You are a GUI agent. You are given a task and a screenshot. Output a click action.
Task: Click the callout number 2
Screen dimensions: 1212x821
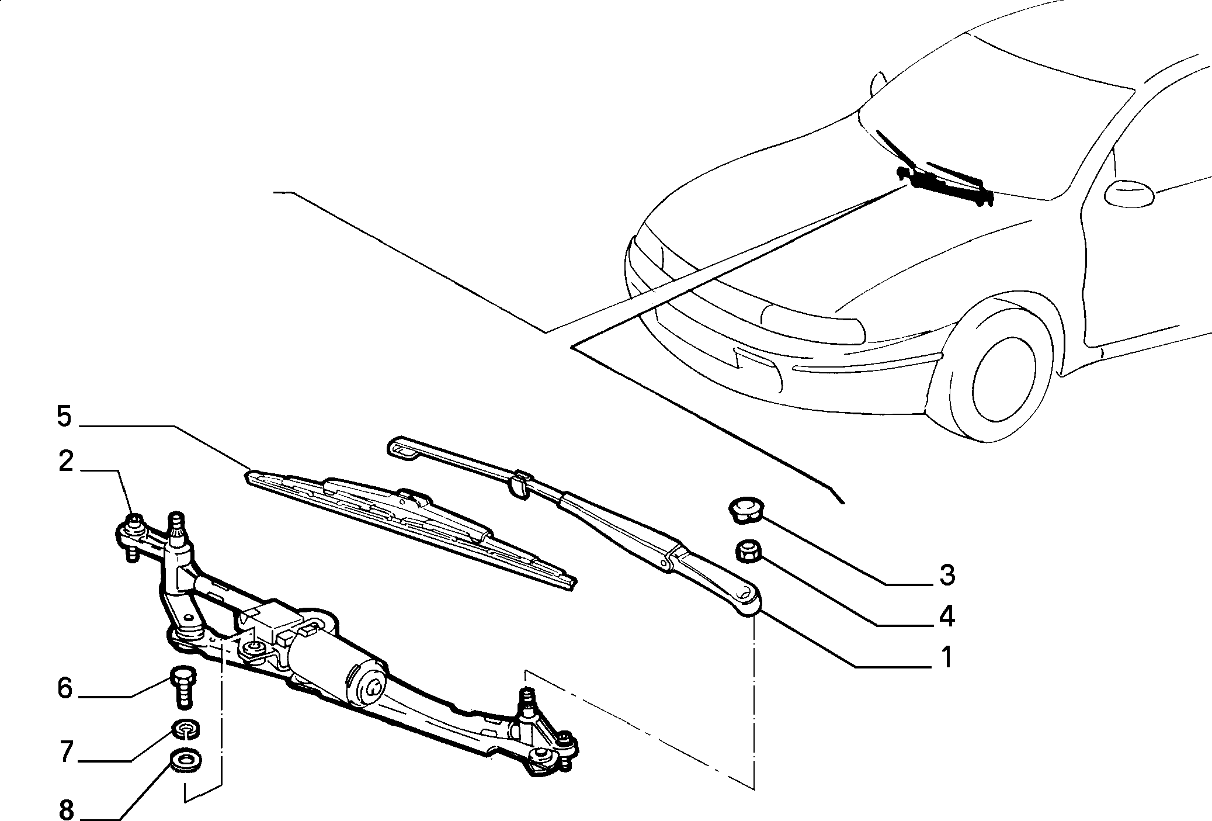pos(66,462)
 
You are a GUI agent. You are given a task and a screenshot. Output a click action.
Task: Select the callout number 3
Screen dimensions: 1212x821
pos(947,575)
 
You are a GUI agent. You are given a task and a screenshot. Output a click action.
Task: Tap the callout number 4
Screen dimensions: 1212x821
pos(946,617)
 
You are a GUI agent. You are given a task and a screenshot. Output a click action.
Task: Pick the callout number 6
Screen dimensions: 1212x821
pos(65,689)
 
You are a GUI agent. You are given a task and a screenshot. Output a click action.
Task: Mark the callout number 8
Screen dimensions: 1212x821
pos(65,810)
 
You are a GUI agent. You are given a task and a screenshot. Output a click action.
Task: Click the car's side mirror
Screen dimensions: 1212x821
pos(1129,193)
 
